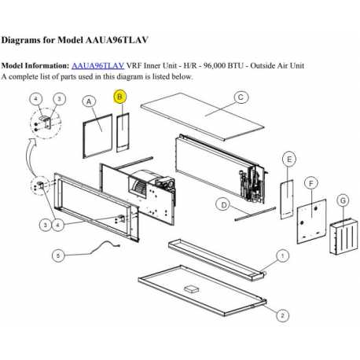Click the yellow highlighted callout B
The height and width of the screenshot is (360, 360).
pyautogui.click(x=120, y=97)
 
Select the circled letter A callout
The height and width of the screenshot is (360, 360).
pyautogui.click(x=89, y=101)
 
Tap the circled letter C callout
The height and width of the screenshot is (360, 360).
pyautogui.click(x=241, y=97)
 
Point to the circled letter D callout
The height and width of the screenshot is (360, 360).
pyautogui.click(x=224, y=205)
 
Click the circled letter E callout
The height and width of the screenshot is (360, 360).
pyautogui.click(x=289, y=160)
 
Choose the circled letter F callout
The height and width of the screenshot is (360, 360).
pyautogui.click(x=312, y=182)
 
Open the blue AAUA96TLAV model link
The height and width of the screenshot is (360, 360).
pyautogui.click(x=97, y=66)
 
